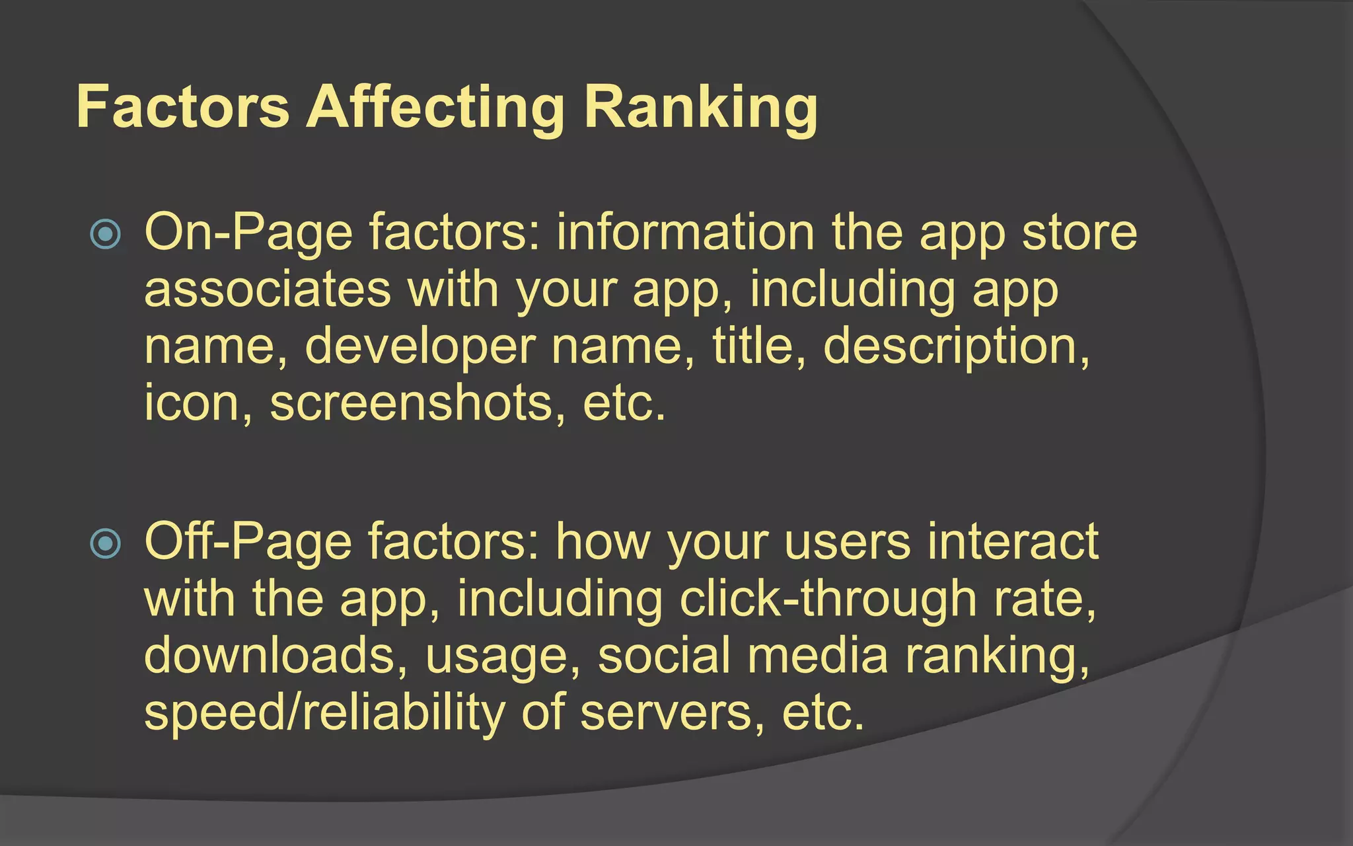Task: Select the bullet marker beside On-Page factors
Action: [x=106, y=234]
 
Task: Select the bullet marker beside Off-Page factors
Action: [x=106, y=543]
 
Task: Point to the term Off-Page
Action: [x=248, y=542]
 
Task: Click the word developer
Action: [x=420, y=347]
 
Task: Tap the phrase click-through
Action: [x=828, y=599]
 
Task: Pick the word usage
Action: [x=503, y=656]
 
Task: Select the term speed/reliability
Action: [x=324, y=712]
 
